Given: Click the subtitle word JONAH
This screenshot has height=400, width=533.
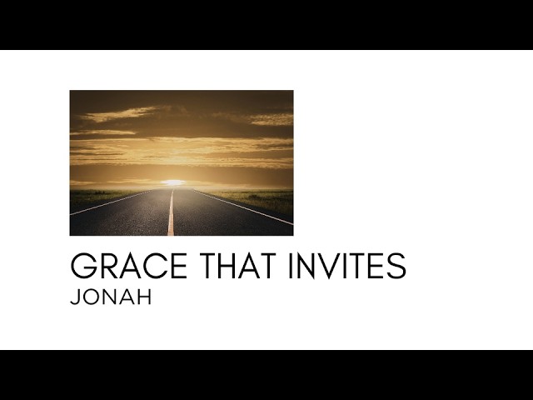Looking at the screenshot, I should click(112, 297).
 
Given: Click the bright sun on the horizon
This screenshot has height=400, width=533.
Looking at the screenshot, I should click(173, 182).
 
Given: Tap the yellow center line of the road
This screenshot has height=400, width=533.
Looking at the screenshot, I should click(171, 218).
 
